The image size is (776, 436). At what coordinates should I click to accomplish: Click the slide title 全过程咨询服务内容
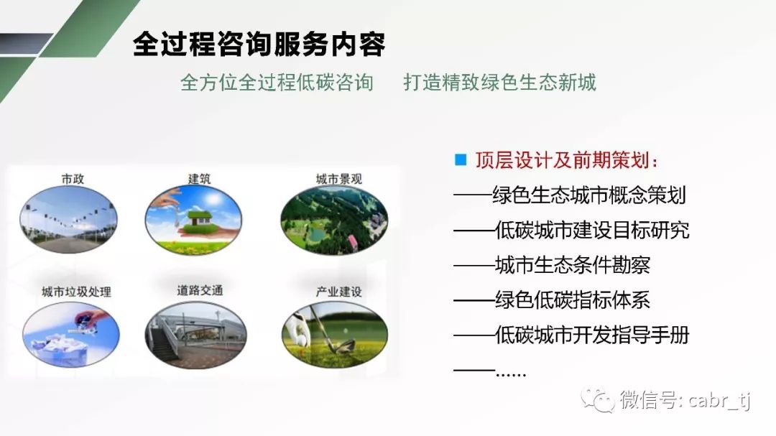pos(259,44)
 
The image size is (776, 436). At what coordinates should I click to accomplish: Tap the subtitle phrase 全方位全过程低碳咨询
pos(277,83)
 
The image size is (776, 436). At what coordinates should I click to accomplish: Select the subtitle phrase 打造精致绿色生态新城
pos(500,83)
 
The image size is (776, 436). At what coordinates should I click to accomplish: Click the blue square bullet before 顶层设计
pos(461,160)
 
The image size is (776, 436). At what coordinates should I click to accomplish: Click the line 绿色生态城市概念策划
pos(589,195)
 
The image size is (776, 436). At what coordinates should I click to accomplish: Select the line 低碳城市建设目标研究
pos(592,230)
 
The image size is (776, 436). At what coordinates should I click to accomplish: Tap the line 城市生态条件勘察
pos(573,265)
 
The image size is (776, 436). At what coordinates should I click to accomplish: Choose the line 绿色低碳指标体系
pos(573,300)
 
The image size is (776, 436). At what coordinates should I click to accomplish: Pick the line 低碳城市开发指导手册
pos(592,335)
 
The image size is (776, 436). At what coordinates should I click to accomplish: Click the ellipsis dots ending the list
pos(511,375)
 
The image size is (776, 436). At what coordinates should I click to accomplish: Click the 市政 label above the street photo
pos(73,179)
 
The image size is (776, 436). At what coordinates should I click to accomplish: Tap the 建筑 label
pos(199,178)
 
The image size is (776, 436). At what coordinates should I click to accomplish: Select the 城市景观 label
pos(339,179)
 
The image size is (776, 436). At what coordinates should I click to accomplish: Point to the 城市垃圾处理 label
pos(76,292)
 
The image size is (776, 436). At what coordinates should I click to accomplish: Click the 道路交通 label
pos(200,290)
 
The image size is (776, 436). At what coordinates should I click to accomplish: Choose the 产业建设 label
pos(339,292)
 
